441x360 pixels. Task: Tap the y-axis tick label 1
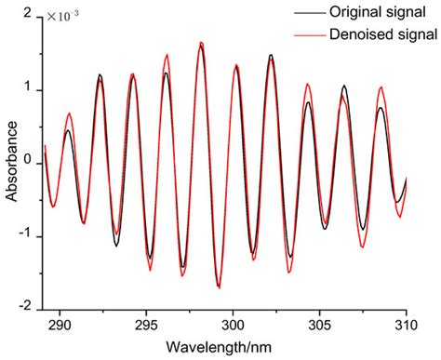click(30, 89)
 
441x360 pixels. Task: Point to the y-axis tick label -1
click(27, 234)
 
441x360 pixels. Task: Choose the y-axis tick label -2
click(27, 306)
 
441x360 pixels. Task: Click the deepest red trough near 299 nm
click(219, 287)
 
